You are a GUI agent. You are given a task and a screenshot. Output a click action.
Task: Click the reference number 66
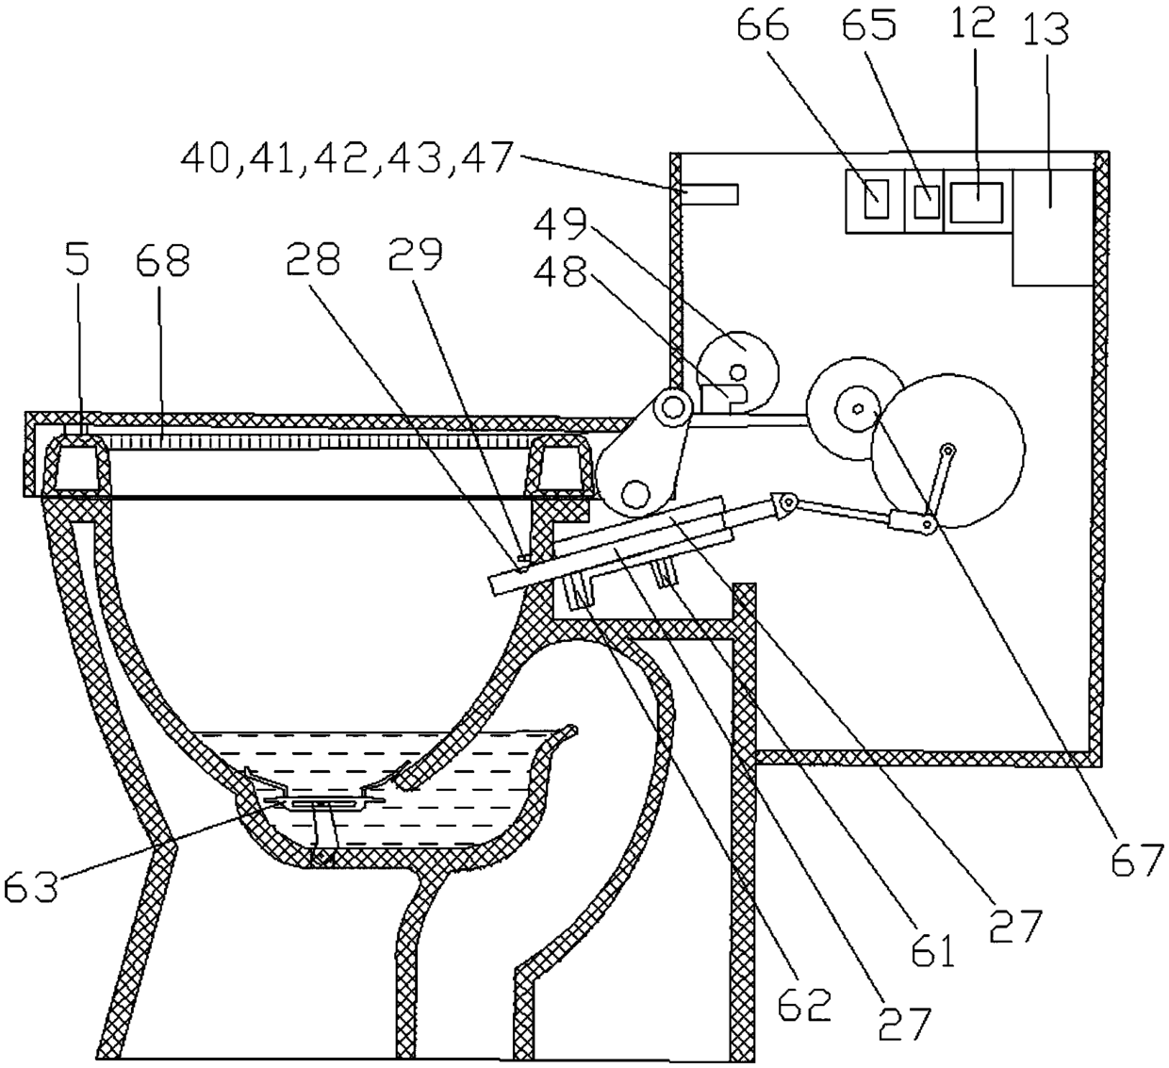(x=763, y=25)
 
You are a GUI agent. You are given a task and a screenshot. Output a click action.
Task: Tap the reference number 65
(x=868, y=25)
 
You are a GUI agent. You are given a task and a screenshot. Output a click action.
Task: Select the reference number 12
(x=973, y=24)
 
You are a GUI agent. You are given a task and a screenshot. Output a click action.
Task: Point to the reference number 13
(x=1046, y=29)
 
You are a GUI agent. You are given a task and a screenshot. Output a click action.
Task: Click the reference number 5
(x=78, y=259)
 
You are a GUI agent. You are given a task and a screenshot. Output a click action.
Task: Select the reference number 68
(x=163, y=259)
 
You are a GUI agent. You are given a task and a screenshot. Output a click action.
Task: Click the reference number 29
(x=416, y=255)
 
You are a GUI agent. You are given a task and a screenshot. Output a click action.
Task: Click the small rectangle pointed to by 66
(x=876, y=198)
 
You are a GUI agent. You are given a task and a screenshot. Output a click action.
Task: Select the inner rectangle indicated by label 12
(x=976, y=203)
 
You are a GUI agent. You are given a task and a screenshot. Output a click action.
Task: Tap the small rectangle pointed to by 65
(x=926, y=202)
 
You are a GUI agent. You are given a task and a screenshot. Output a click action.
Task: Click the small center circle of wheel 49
(x=738, y=370)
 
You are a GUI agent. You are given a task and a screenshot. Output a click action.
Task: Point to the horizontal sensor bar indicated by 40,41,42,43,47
(x=709, y=194)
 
